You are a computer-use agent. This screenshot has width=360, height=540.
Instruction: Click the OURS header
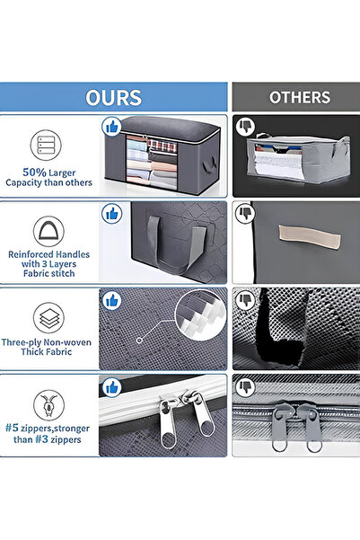click(114, 97)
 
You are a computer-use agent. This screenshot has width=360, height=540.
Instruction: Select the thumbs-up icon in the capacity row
click(112, 126)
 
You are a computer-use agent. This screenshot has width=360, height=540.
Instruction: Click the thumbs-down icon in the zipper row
click(244, 388)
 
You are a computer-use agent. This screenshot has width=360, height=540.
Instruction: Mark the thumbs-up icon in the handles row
click(112, 214)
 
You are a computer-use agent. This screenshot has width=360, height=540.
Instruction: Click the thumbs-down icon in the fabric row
click(244, 301)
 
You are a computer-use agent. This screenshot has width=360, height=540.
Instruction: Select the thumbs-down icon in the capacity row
click(244, 126)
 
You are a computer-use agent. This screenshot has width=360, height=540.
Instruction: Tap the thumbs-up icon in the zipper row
click(112, 388)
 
